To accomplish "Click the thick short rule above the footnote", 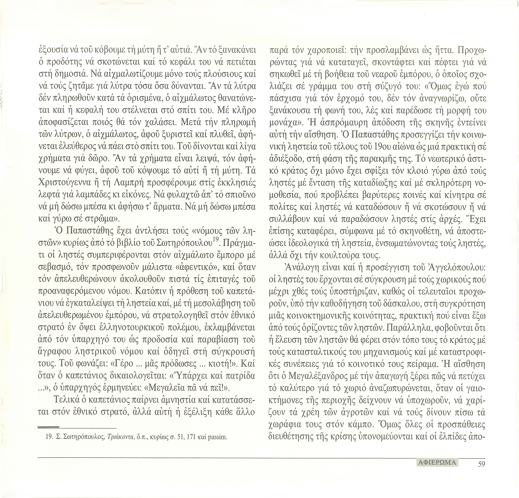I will click(48, 427).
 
